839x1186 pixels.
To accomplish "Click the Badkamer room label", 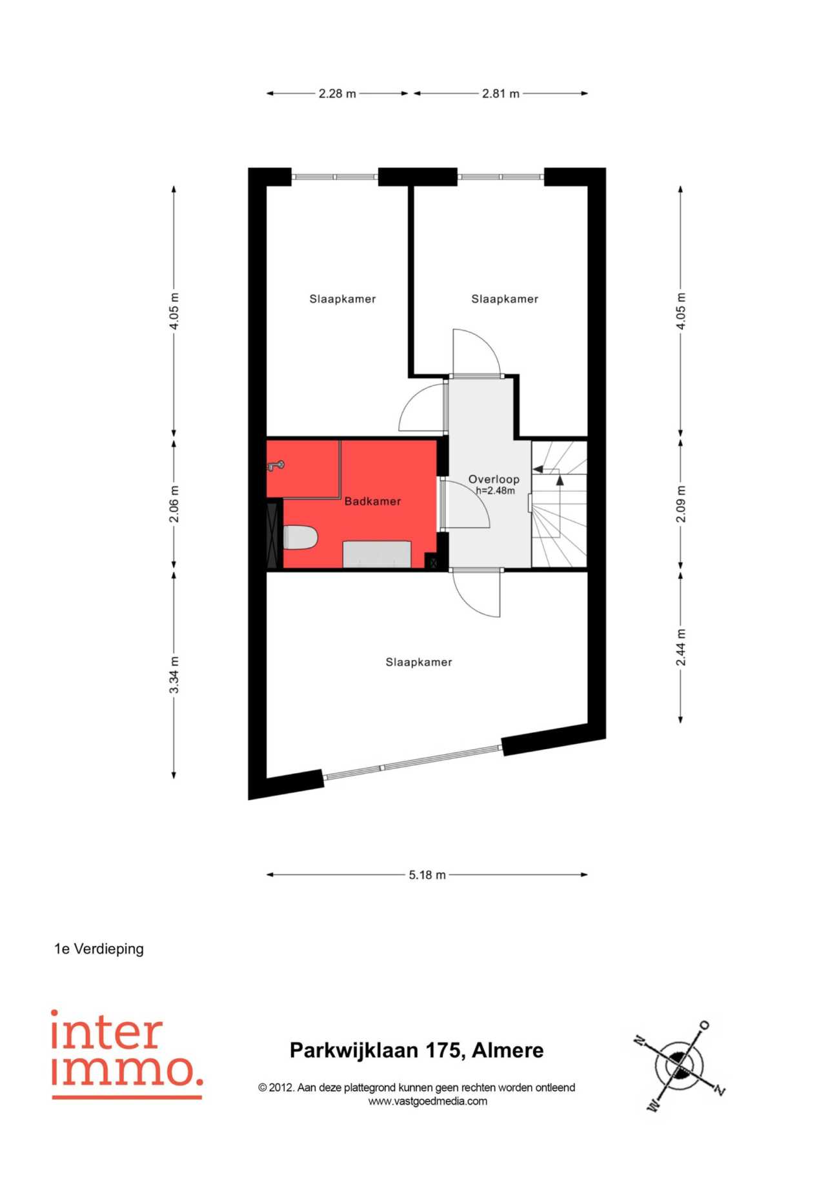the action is (372, 501).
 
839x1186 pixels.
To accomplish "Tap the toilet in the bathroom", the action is (301, 538).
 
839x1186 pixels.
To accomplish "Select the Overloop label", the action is (494, 479).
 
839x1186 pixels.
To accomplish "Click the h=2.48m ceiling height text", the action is (496, 490).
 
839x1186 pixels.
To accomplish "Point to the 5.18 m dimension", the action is (427, 875).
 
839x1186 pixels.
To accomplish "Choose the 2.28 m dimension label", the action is (337, 94).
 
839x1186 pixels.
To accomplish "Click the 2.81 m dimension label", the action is (501, 94).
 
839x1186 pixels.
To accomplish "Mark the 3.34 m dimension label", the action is (174, 674).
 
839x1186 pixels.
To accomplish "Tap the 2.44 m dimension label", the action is (681, 647).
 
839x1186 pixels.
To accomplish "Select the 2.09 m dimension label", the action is (681, 504).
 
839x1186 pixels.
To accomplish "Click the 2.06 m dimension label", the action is (174, 504).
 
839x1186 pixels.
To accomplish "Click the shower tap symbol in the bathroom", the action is (276, 465).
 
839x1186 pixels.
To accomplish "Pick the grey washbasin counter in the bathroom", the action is (377, 554).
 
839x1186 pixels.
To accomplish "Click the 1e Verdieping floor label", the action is (99, 949).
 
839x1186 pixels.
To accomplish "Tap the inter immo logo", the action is (126, 1054).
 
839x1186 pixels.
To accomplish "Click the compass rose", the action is (679, 1066).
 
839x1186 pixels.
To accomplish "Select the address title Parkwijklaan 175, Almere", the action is (416, 1050).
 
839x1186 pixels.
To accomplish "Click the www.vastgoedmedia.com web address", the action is (427, 1101).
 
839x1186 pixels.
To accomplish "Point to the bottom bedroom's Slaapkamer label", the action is (419, 662).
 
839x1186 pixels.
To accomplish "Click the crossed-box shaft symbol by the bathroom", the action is (433, 563).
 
